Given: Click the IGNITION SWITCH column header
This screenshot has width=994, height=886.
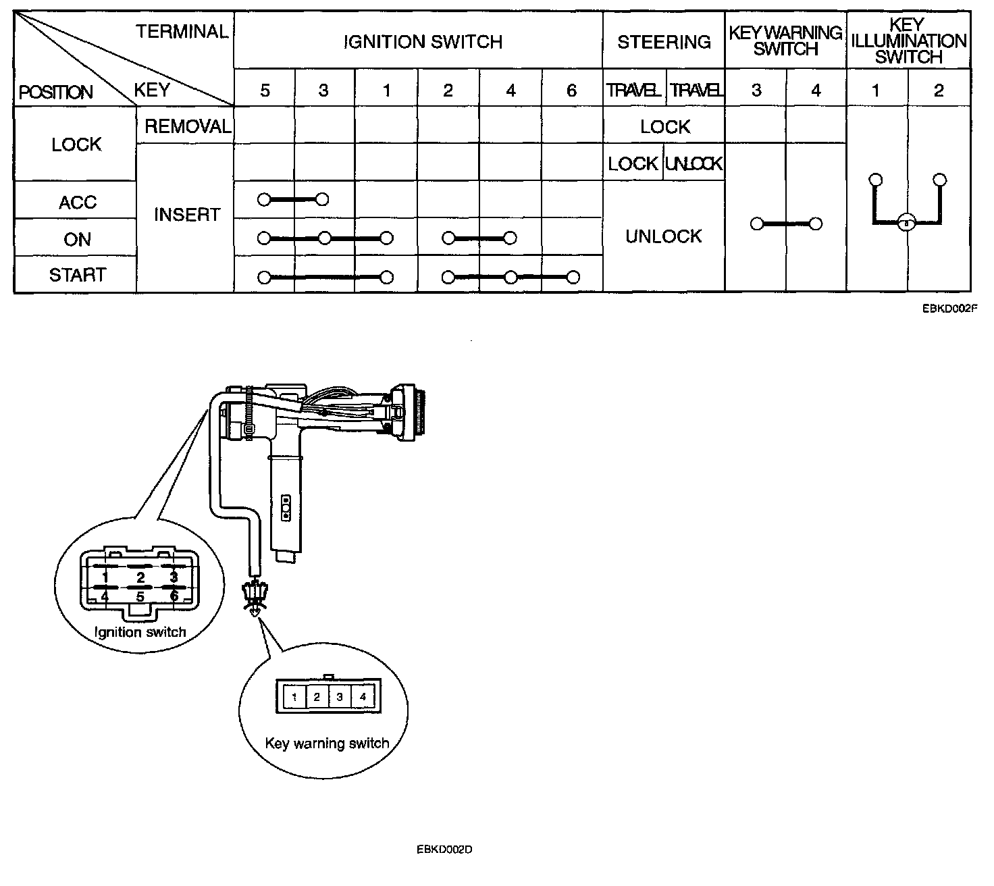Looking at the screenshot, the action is coord(423,42).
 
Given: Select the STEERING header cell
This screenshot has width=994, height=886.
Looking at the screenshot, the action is coord(664,42).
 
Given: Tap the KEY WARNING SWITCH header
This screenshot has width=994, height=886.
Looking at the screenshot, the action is coord(785,41).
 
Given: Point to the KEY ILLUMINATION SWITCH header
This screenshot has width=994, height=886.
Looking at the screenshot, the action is coord(909,41).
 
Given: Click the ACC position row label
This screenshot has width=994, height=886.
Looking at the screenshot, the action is coord(78,202).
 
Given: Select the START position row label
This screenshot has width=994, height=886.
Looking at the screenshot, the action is coord(78,275).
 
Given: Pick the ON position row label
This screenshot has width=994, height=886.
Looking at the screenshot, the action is coord(77,240).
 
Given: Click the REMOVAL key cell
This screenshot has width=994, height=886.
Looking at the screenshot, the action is coord(188,126).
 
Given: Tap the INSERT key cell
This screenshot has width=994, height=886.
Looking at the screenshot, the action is coord(187,214).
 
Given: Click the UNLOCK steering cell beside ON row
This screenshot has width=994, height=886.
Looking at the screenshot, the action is coord(663,236).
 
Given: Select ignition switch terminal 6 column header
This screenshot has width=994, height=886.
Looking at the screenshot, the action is coord(571,90).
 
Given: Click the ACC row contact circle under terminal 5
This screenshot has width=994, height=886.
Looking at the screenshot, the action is coord(264,200).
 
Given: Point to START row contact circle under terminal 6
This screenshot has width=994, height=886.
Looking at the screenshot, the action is coord(573,278).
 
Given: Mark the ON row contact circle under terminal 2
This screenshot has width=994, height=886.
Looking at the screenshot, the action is coord(448,238).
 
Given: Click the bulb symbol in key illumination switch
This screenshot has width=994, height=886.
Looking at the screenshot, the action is coord(906,223).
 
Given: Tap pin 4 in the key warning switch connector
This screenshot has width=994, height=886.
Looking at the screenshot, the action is coord(363,697).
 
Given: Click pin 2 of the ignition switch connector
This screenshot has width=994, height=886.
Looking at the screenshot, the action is coord(140,577).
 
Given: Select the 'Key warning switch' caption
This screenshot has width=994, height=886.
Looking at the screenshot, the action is coord(327,744).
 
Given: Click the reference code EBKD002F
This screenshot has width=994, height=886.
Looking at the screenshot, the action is coord(950,308).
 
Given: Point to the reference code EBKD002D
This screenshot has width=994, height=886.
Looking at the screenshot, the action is coord(444,850).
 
